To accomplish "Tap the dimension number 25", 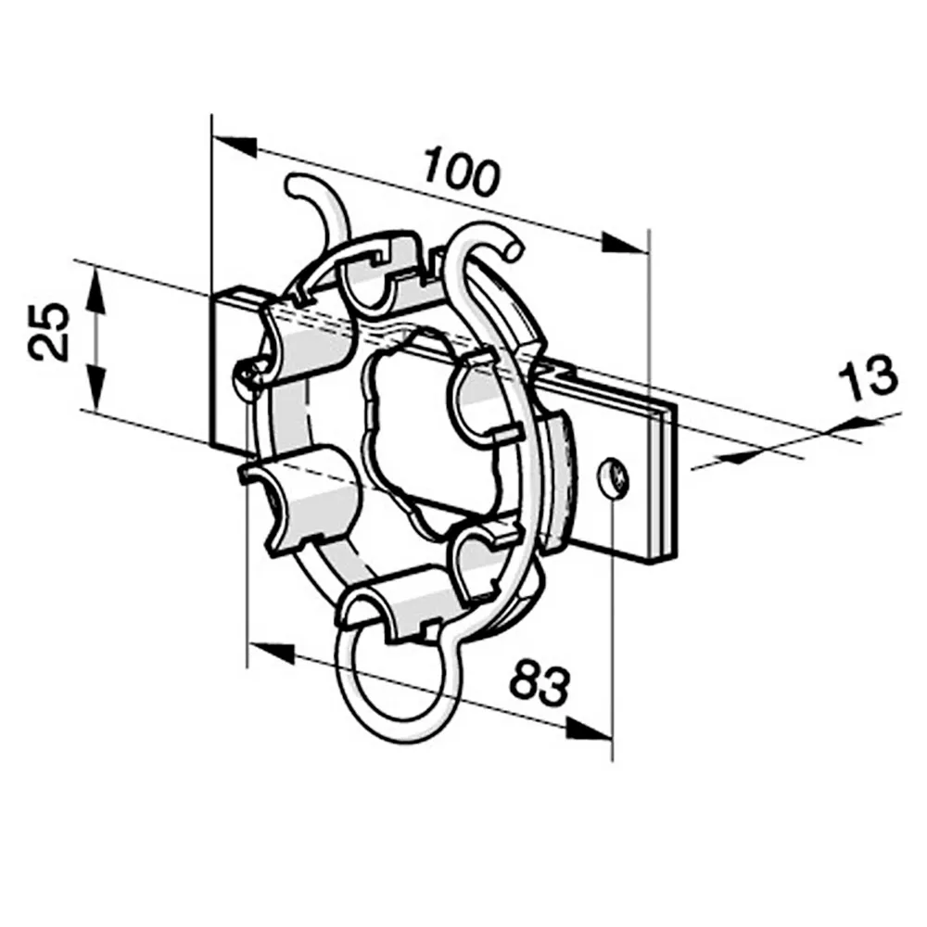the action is pos(48,332).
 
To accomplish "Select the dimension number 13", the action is pos(868,376).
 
